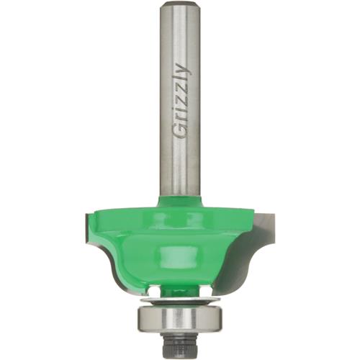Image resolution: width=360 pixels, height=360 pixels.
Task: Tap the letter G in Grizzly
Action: [180, 130]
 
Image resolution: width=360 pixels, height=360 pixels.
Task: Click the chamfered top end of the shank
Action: [180, 6]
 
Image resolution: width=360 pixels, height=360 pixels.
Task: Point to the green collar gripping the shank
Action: [180, 202]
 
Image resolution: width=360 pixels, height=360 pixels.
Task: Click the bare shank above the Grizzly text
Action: [180, 36]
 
